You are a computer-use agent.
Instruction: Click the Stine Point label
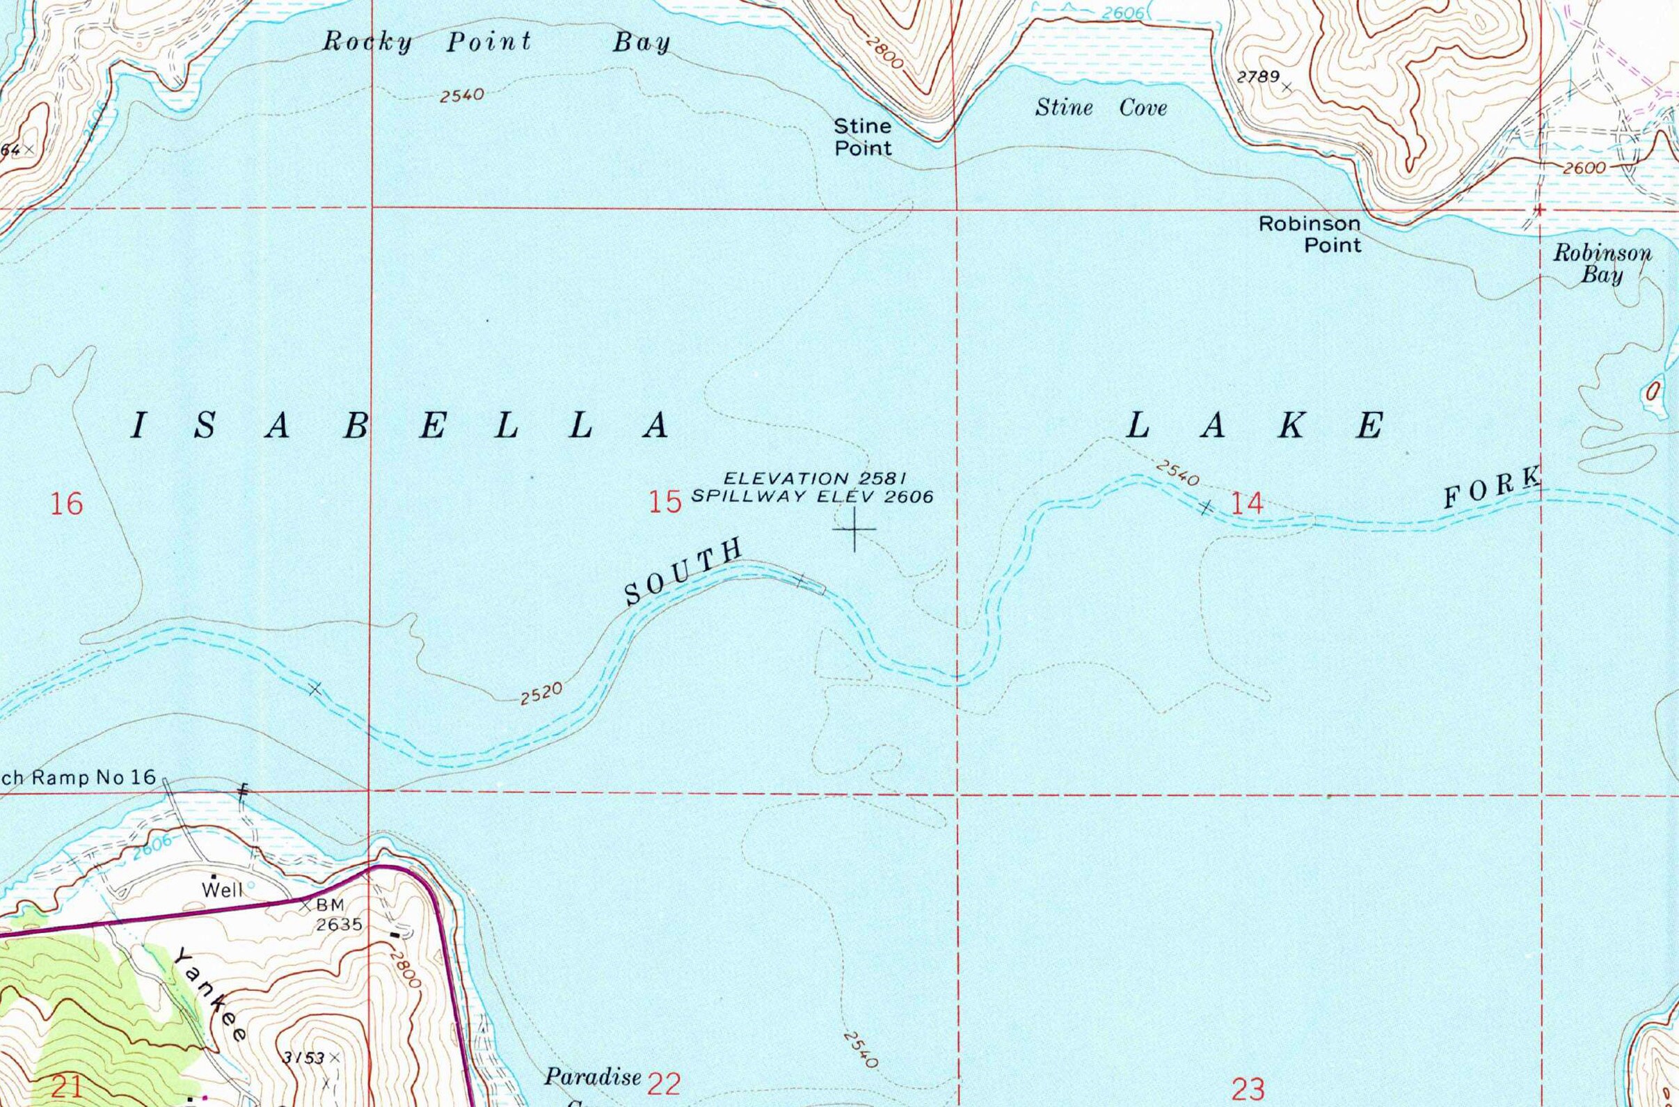(x=863, y=137)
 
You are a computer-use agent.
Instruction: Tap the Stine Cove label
(x=1101, y=108)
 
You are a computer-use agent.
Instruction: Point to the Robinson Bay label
(x=1601, y=263)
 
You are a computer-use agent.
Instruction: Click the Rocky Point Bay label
(x=496, y=42)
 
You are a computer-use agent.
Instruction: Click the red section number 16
(x=66, y=504)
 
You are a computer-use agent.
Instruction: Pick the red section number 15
(x=665, y=502)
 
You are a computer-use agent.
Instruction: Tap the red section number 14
(x=1246, y=503)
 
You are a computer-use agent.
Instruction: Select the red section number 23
(x=1248, y=1090)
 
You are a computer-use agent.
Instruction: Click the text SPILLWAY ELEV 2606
(x=812, y=496)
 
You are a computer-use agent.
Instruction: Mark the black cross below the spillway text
(x=854, y=529)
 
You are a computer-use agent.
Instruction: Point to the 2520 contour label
(x=541, y=694)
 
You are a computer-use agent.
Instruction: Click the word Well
(x=223, y=890)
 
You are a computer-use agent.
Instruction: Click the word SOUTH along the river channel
(x=684, y=571)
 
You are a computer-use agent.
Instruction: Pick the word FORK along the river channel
(x=1490, y=488)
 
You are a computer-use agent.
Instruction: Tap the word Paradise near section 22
(x=592, y=1076)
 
